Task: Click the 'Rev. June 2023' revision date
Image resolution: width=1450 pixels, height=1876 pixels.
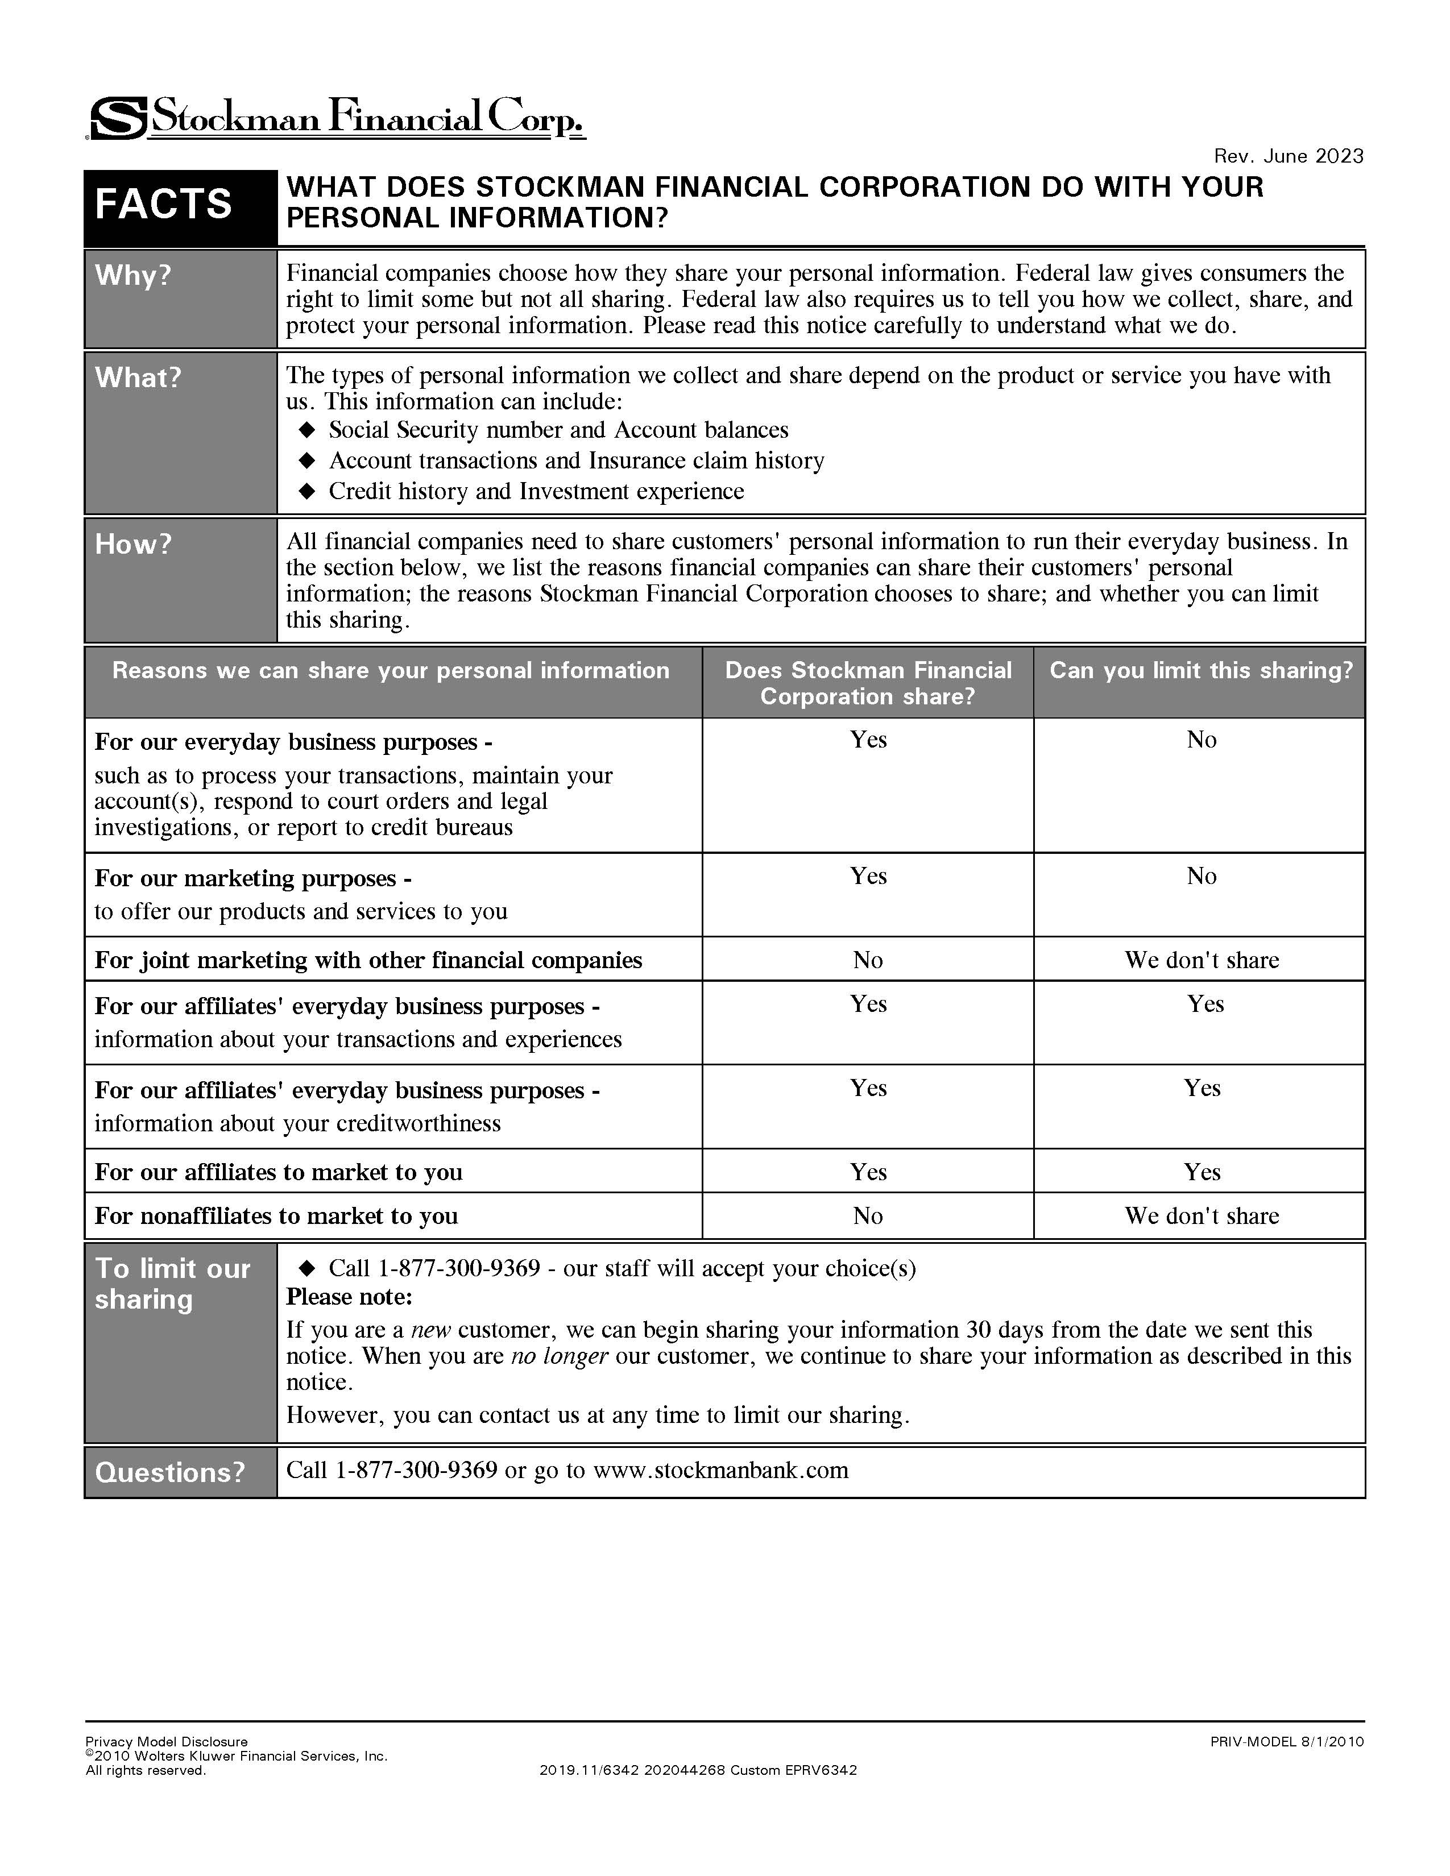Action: coord(1287,155)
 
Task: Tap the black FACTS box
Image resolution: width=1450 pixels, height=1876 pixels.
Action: coord(163,205)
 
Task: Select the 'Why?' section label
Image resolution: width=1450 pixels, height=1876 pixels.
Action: coord(133,275)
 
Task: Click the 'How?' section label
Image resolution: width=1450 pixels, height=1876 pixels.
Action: coord(133,543)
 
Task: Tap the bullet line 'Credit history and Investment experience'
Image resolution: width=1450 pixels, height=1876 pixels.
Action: coord(536,491)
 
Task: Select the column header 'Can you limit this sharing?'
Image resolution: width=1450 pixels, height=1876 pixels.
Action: coord(1200,670)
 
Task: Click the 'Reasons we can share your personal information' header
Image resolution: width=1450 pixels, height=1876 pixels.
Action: coord(391,670)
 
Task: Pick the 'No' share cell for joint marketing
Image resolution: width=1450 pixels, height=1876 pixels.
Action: coord(868,960)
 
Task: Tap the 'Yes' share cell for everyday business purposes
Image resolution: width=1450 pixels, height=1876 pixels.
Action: coord(868,740)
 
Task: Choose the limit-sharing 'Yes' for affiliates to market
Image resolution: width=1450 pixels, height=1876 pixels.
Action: coord(1201,1172)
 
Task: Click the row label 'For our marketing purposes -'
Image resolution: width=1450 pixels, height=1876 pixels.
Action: coord(252,878)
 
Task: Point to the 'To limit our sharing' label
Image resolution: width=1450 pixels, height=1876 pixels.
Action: coord(172,1283)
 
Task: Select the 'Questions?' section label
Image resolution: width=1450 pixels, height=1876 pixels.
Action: coord(170,1472)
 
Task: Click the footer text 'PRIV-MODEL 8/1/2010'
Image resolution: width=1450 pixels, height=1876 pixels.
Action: coord(1286,1742)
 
